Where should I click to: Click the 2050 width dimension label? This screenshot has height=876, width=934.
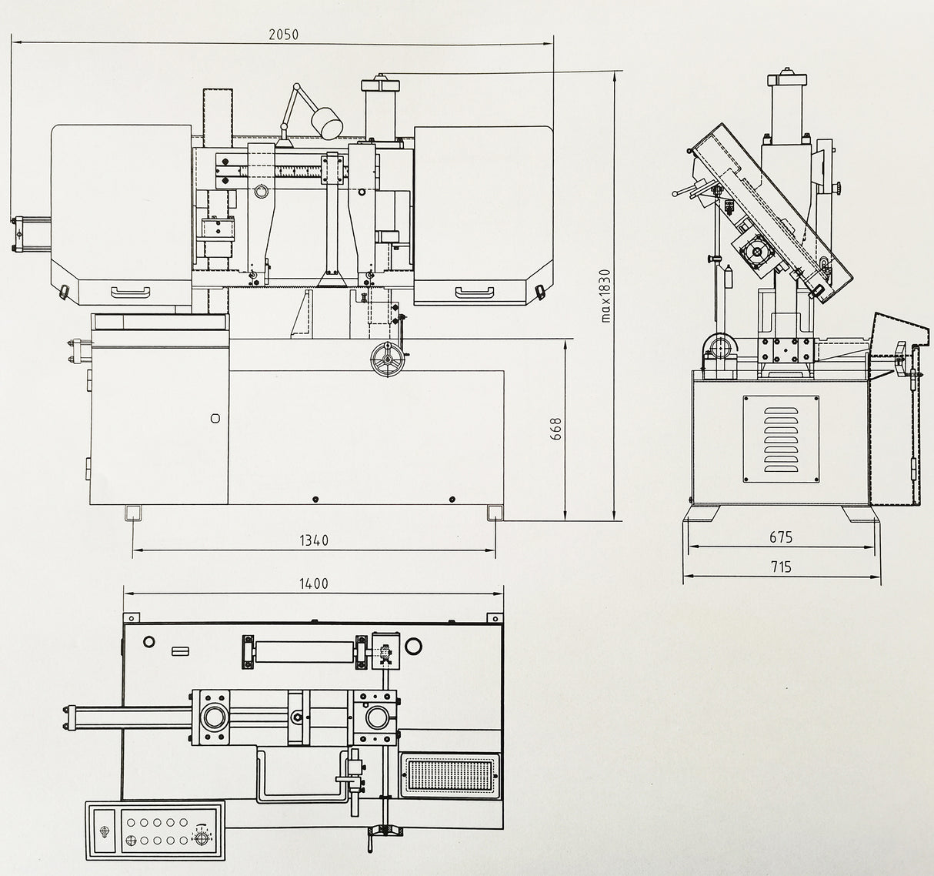pyautogui.click(x=282, y=34)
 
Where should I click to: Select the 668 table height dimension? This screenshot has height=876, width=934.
pyautogui.click(x=556, y=429)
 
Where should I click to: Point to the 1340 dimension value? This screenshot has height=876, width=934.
pyautogui.click(x=313, y=540)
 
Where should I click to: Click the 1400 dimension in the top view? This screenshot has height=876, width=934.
pyautogui.click(x=313, y=583)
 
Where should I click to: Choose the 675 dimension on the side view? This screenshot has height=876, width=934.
pyautogui.click(x=780, y=537)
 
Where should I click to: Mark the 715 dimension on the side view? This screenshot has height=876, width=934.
pyautogui.click(x=780, y=567)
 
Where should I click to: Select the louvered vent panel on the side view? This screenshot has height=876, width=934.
pyautogui.click(x=780, y=439)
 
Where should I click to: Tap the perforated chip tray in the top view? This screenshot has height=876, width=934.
pyautogui.click(x=447, y=776)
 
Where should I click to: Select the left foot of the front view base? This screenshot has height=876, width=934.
pyautogui.click(x=132, y=513)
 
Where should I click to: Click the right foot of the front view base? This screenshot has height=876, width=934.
pyautogui.click(x=495, y=513)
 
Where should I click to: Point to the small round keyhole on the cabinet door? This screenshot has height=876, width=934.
pyautogui.click(x=215, y=418)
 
